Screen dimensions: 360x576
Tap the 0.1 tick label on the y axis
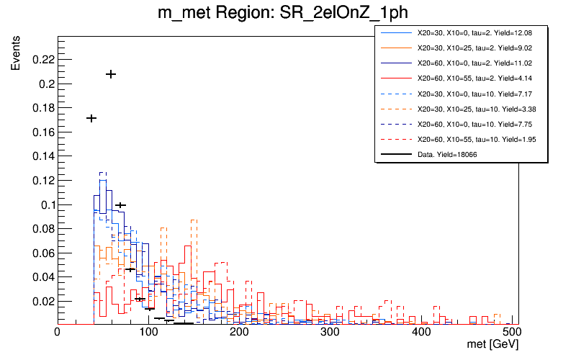click(x=45, y=204)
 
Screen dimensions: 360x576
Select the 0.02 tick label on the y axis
click(x=42, y=301)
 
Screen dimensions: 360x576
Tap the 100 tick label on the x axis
click(x=148, y=333)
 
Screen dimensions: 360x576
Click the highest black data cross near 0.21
click(x=111, y=74)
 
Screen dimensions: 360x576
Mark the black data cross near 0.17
click(x=91, y=118)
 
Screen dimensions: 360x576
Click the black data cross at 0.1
click(x=120, y=205)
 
